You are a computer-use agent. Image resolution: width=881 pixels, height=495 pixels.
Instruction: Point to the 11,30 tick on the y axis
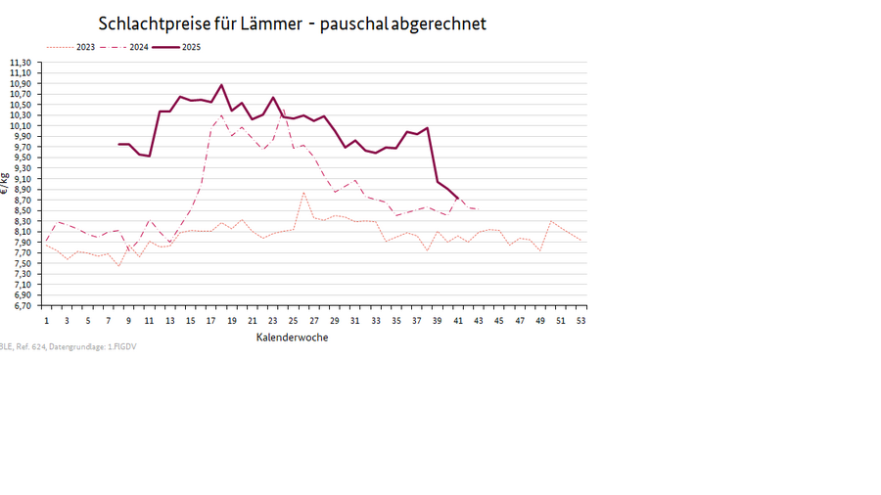tap(21, 63)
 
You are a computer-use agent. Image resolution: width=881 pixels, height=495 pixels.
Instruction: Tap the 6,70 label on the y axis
tap(21, 305)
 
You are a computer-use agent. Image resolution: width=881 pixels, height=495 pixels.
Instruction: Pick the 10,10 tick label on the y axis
tap(21, 125)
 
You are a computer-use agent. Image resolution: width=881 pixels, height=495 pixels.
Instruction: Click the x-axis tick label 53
tap(581, 321)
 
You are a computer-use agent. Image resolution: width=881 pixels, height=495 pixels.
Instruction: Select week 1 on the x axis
tap(46, 321)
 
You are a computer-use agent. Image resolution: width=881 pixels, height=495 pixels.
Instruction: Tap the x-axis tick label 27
tap(314, 321)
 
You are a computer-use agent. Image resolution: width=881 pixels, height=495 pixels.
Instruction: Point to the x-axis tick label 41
tap(458, 321)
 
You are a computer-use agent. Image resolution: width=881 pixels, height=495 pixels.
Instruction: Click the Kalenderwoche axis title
tap(292, 337)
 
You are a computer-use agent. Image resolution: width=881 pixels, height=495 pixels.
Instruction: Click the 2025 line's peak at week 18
tap(221, 85)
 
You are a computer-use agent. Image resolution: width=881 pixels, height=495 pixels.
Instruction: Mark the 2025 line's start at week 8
tap(118, 144)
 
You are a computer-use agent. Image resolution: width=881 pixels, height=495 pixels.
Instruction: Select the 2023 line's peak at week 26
tap(303, 193)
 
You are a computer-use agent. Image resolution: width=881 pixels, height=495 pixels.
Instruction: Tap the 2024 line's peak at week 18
tap(221, 115)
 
